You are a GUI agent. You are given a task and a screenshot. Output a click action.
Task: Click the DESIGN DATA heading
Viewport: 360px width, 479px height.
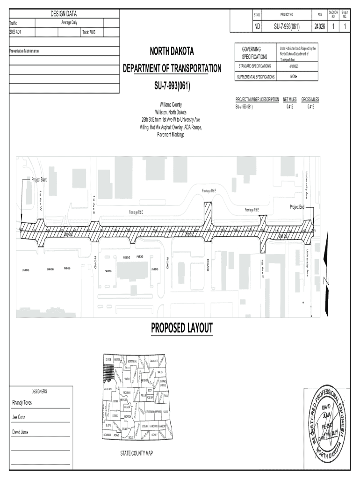(64, 14)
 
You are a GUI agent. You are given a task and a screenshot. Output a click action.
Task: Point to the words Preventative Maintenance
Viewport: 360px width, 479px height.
(28, 50)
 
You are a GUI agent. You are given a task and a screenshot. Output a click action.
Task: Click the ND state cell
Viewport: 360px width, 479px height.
(257, 27)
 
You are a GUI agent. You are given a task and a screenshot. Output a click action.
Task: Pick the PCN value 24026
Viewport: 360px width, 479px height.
(320, 27)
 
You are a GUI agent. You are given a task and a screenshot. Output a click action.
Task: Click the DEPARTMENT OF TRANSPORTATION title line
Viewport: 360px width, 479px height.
(172, 68)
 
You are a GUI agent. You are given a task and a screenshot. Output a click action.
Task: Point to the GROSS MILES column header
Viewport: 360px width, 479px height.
(310, 100)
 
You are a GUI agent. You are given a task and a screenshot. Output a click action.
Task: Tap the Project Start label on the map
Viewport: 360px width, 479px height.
(39, 180)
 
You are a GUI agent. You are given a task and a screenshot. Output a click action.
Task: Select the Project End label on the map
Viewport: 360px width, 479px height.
(297, 207)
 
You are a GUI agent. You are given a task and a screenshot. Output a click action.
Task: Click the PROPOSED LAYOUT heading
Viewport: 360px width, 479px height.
(181, 328)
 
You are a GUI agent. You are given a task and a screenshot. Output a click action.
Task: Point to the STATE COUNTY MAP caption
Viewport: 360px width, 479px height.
(137, 453)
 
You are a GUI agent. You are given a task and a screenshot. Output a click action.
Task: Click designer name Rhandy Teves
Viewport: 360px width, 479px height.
(22, 403)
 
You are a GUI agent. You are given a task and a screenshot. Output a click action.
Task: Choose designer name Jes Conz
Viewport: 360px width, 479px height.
(19, 417)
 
